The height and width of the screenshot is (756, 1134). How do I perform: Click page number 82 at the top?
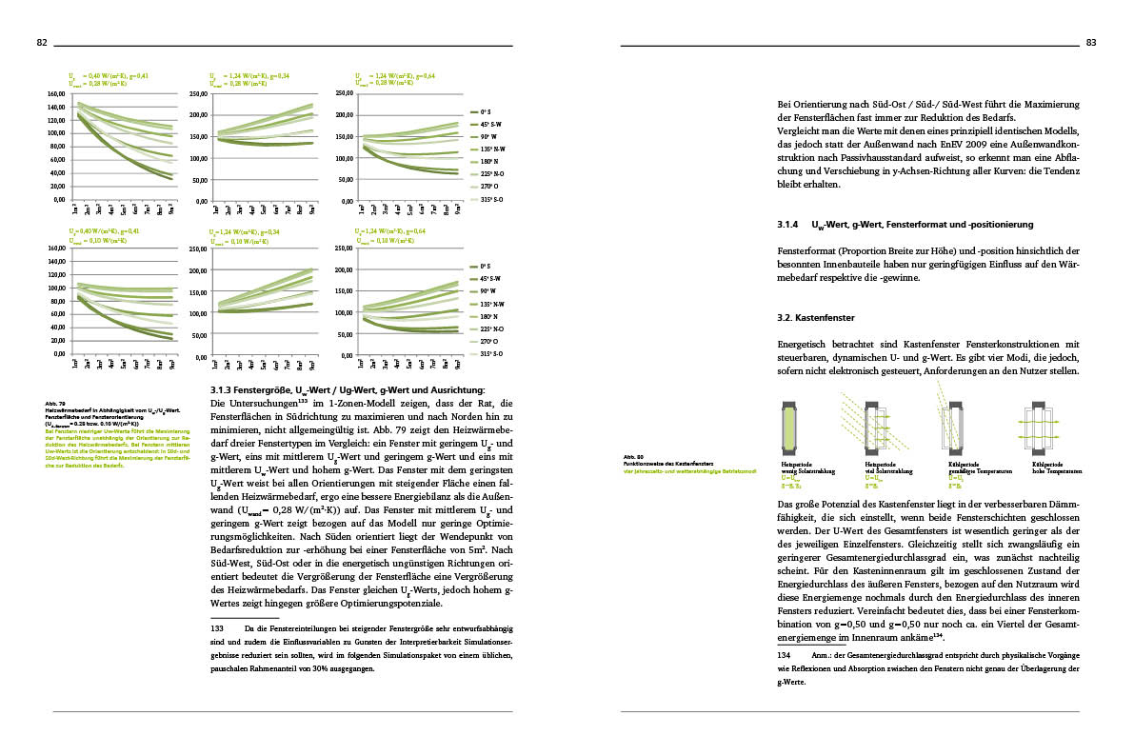coord(42,42)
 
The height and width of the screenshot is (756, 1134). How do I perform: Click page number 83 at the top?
coord(1091,42)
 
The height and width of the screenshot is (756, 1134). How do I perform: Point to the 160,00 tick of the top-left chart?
coord(55,94)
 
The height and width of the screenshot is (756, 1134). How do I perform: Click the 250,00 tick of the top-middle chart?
coord(199,94)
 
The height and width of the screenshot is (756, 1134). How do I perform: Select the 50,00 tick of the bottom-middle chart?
coord(200,335)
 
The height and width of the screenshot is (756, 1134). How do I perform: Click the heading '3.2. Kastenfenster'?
coord(815,316)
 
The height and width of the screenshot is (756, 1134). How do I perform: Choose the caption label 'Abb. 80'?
coord(633,456)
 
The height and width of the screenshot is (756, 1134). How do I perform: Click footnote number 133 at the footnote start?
coord(215,629)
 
